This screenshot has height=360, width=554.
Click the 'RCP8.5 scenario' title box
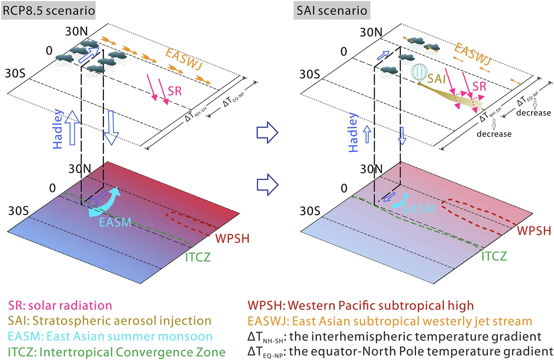point(48,10)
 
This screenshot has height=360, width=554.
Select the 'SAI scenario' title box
point(332,10)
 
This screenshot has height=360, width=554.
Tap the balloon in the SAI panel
point(419,74)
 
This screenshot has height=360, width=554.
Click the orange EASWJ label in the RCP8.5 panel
point(184,59)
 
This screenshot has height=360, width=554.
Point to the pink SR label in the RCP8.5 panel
point(175,91)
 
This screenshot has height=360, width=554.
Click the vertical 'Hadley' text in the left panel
point(58,129)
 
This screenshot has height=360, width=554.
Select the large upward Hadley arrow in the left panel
point(73,128)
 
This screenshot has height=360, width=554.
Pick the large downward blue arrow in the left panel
point(111,128)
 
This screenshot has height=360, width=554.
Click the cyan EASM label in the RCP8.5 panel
point(115,222)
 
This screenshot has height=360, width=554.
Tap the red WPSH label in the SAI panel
point(534,231)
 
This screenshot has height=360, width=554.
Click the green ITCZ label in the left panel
point(198,257)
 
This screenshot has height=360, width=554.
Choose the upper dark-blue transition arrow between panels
point(268,132)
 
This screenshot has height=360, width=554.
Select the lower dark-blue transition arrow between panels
point(268,185)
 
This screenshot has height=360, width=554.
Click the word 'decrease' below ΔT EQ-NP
point(533,113)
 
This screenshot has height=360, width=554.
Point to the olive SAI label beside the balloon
point(437,79)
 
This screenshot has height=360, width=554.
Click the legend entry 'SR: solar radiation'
point(60,305)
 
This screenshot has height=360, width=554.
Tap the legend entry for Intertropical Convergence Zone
point(117,352)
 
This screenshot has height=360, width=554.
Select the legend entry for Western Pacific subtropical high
point(361,305)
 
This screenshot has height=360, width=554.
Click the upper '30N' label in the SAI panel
point(371,32)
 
